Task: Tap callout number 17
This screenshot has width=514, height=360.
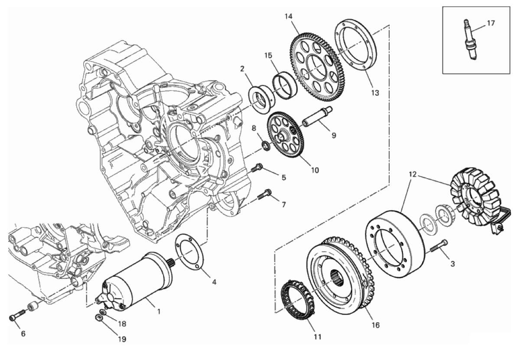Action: [491, 23]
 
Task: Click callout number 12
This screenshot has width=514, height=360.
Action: [413, 174]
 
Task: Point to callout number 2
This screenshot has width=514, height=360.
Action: [242, 69]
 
